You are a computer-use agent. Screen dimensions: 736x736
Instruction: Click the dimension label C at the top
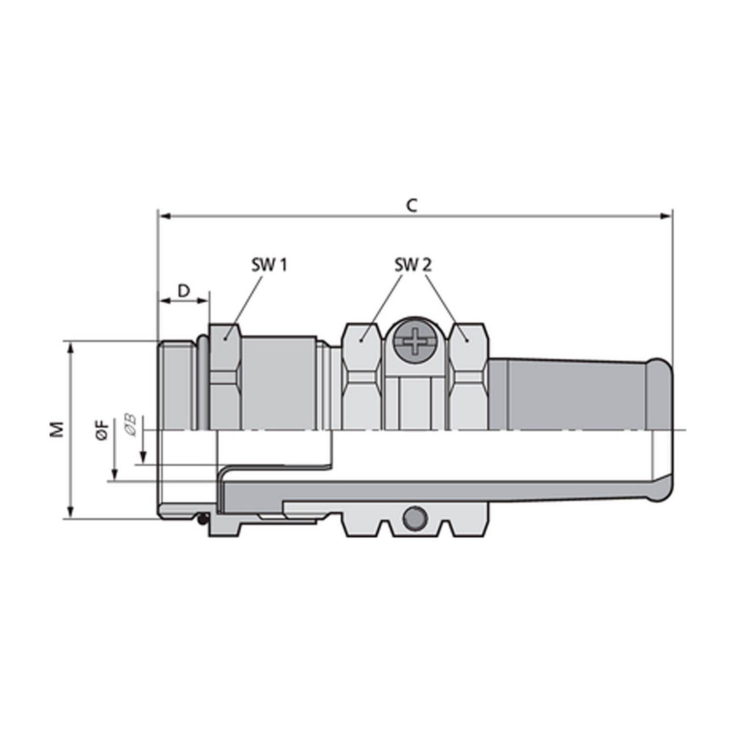(x=412, y=206)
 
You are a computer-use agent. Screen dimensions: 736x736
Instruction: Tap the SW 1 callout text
(x=269, y=265)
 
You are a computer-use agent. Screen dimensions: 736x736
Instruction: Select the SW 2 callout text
(x=413, y=265)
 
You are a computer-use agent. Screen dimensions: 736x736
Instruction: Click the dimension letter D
(x=183, y=291)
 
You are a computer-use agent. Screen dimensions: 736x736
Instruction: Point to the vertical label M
(x=58, y=429)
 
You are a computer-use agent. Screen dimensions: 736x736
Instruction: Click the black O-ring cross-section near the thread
(x=202, y=518)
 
